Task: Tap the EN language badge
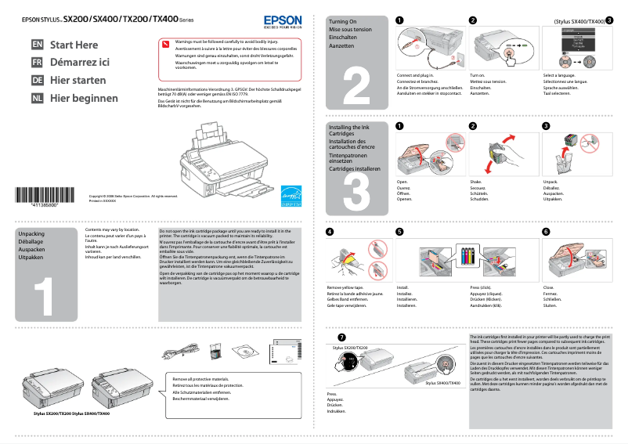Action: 37,45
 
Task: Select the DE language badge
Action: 37,81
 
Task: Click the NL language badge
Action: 37,99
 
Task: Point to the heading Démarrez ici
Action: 80,63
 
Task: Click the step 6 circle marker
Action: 546,232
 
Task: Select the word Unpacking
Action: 31,234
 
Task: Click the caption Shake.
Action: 475,181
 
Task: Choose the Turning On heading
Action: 343,23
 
